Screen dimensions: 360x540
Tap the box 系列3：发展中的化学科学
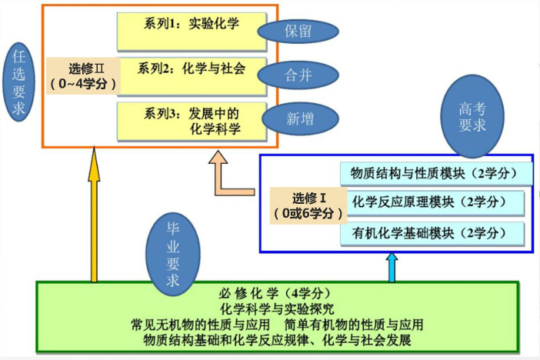tap(192, 121)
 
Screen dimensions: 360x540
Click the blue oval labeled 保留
tap(298, 32)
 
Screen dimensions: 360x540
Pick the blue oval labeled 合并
tap(297, 75)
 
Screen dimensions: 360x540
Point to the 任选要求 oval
tap(18, 81)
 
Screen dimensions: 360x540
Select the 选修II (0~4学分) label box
tap(82, 75)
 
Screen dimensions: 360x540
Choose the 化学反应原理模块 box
tap(434, 202)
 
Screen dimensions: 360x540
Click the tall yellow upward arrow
tap(94, 215)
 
